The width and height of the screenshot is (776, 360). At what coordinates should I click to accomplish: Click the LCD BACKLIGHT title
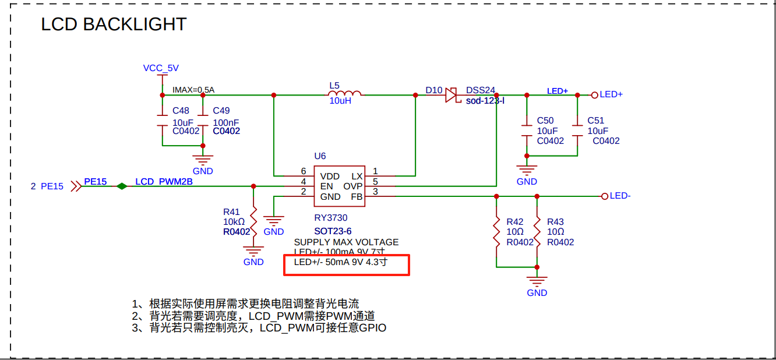point(114,24)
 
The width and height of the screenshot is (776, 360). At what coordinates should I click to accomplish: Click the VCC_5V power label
point(161,68)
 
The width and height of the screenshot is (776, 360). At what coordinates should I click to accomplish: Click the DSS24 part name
point(481,90)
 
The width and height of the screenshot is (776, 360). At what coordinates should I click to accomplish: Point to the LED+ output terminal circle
point(594,94)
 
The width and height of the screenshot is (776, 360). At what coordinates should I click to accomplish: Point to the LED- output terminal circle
point(605,196)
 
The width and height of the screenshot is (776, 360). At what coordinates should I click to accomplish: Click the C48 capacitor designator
point(181,111)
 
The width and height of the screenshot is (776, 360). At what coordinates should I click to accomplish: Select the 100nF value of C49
point(225,122)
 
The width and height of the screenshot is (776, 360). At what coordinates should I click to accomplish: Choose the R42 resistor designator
point(515,222)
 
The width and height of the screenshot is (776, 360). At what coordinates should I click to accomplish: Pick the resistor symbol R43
point(537,231)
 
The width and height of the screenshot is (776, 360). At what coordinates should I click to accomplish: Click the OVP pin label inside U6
point(353,186)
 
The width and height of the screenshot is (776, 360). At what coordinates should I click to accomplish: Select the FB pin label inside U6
point(357,197)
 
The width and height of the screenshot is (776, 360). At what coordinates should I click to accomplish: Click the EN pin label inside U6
point(327,186)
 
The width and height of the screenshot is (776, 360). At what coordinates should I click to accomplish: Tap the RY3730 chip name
point(330,218)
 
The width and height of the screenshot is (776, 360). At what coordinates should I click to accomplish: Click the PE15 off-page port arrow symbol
point(76,186)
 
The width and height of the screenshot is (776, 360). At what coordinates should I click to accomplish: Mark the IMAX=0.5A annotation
point(193,90)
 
